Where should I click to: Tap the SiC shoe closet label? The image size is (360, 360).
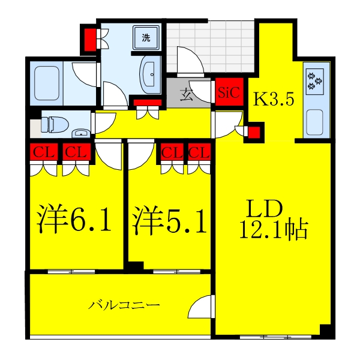click(229, 94)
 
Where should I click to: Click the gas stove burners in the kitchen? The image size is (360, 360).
click(315, 81)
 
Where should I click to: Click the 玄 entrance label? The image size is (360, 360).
click(187, 95)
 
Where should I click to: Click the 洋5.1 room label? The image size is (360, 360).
click(170, 221)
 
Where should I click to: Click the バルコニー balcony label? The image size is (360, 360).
click(125, 305)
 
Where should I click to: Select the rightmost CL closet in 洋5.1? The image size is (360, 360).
click(199, 154)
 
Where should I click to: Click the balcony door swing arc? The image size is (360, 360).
click(200, 307)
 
